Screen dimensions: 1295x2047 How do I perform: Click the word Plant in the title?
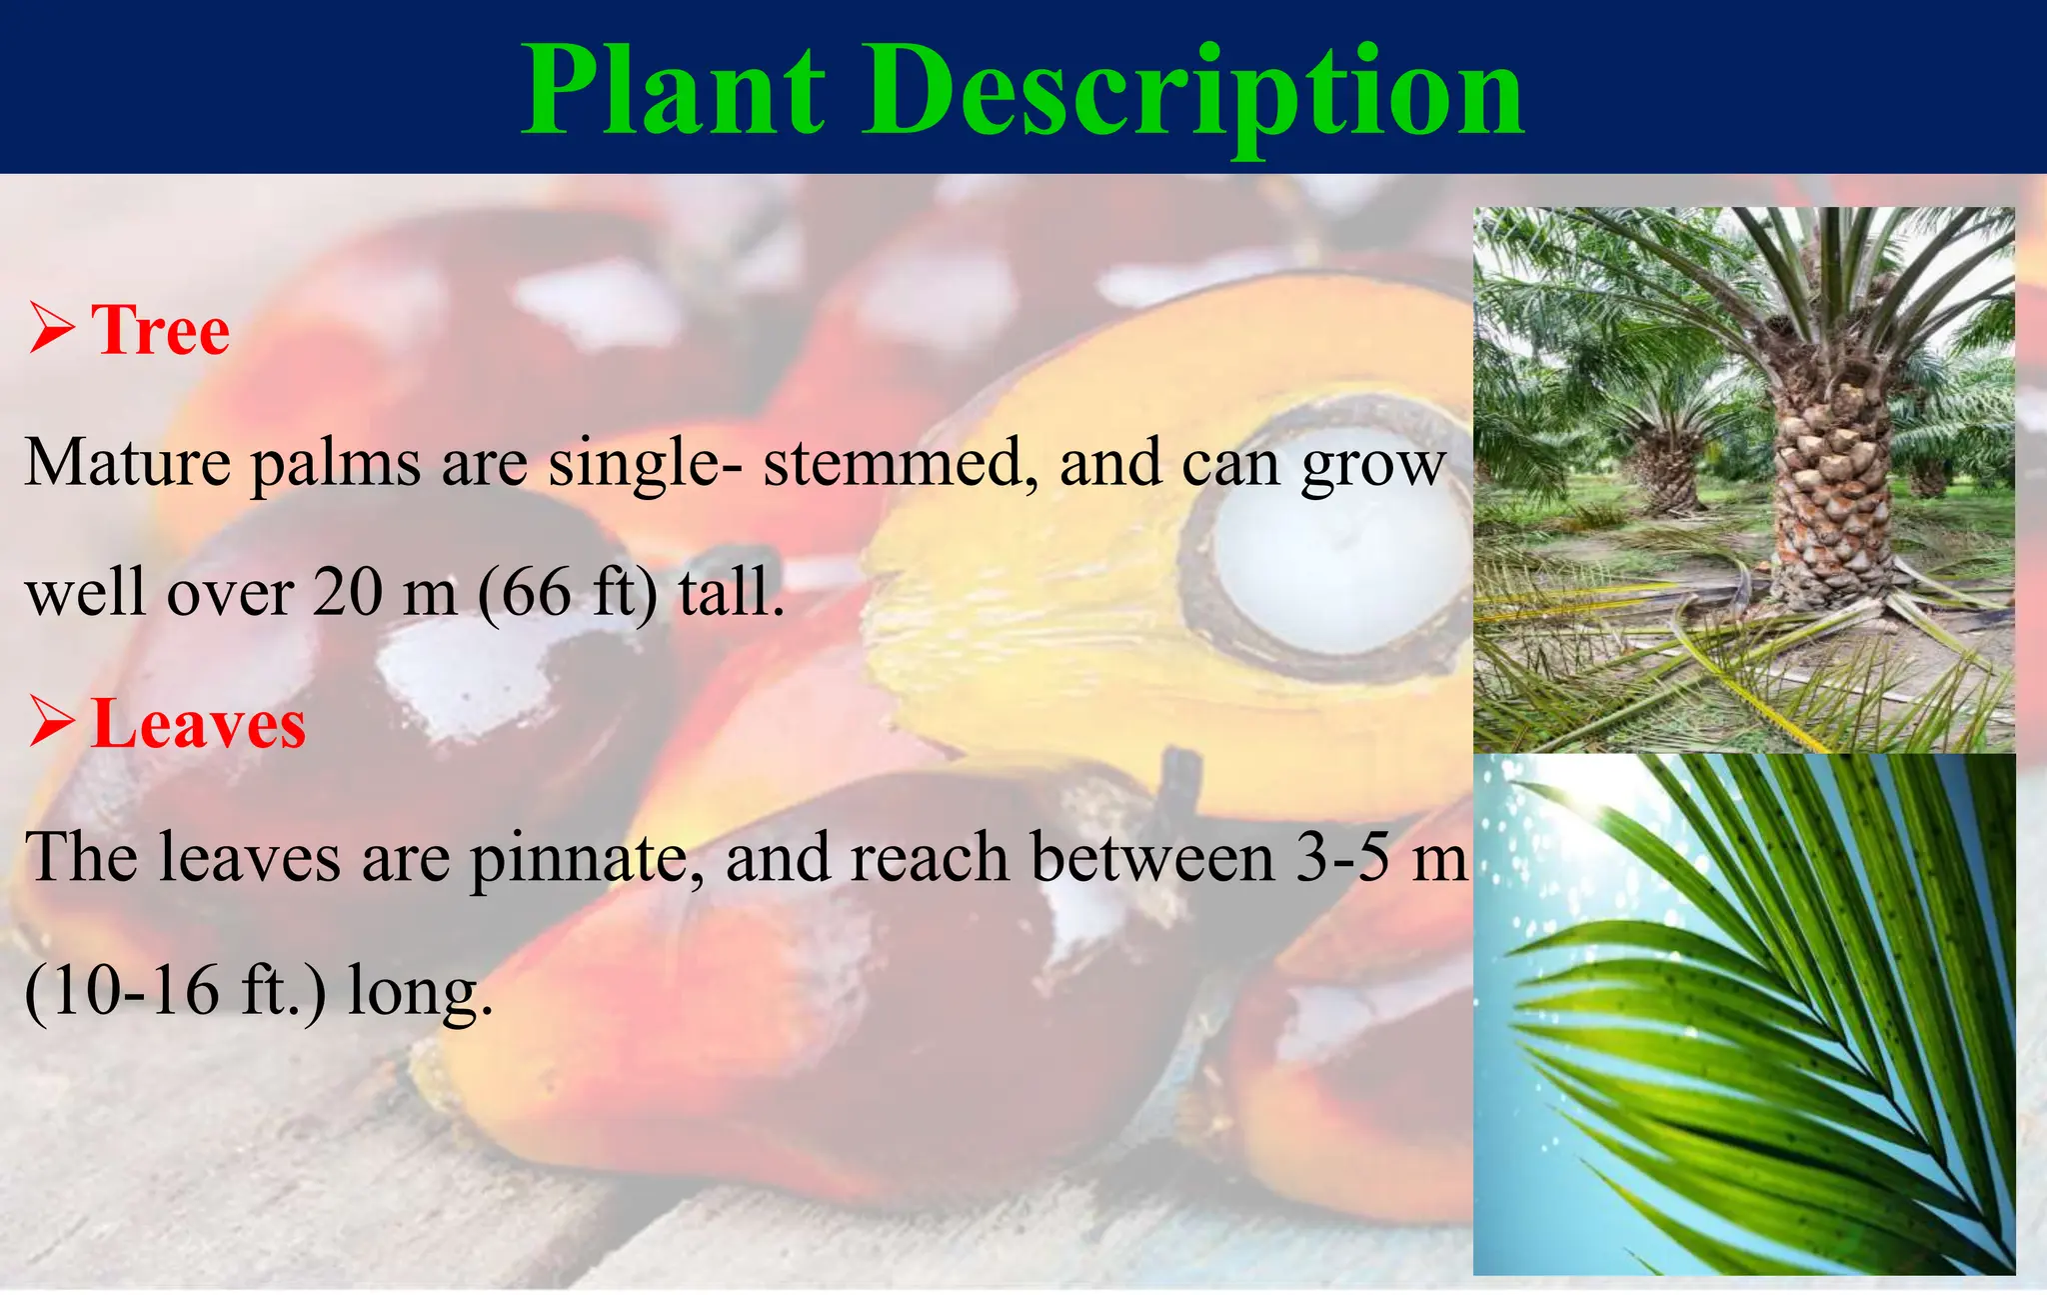click(x=673, y=92)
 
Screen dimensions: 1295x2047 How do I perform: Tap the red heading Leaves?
click(x=198, y=724)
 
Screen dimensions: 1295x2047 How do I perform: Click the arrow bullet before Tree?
click(x=52, y=331)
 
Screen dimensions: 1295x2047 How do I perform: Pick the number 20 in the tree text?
click(x=347, y=593)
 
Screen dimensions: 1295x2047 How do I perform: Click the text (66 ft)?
click(x=568, y=593)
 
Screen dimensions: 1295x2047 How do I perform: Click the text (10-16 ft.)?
click(x=175, y=990)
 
